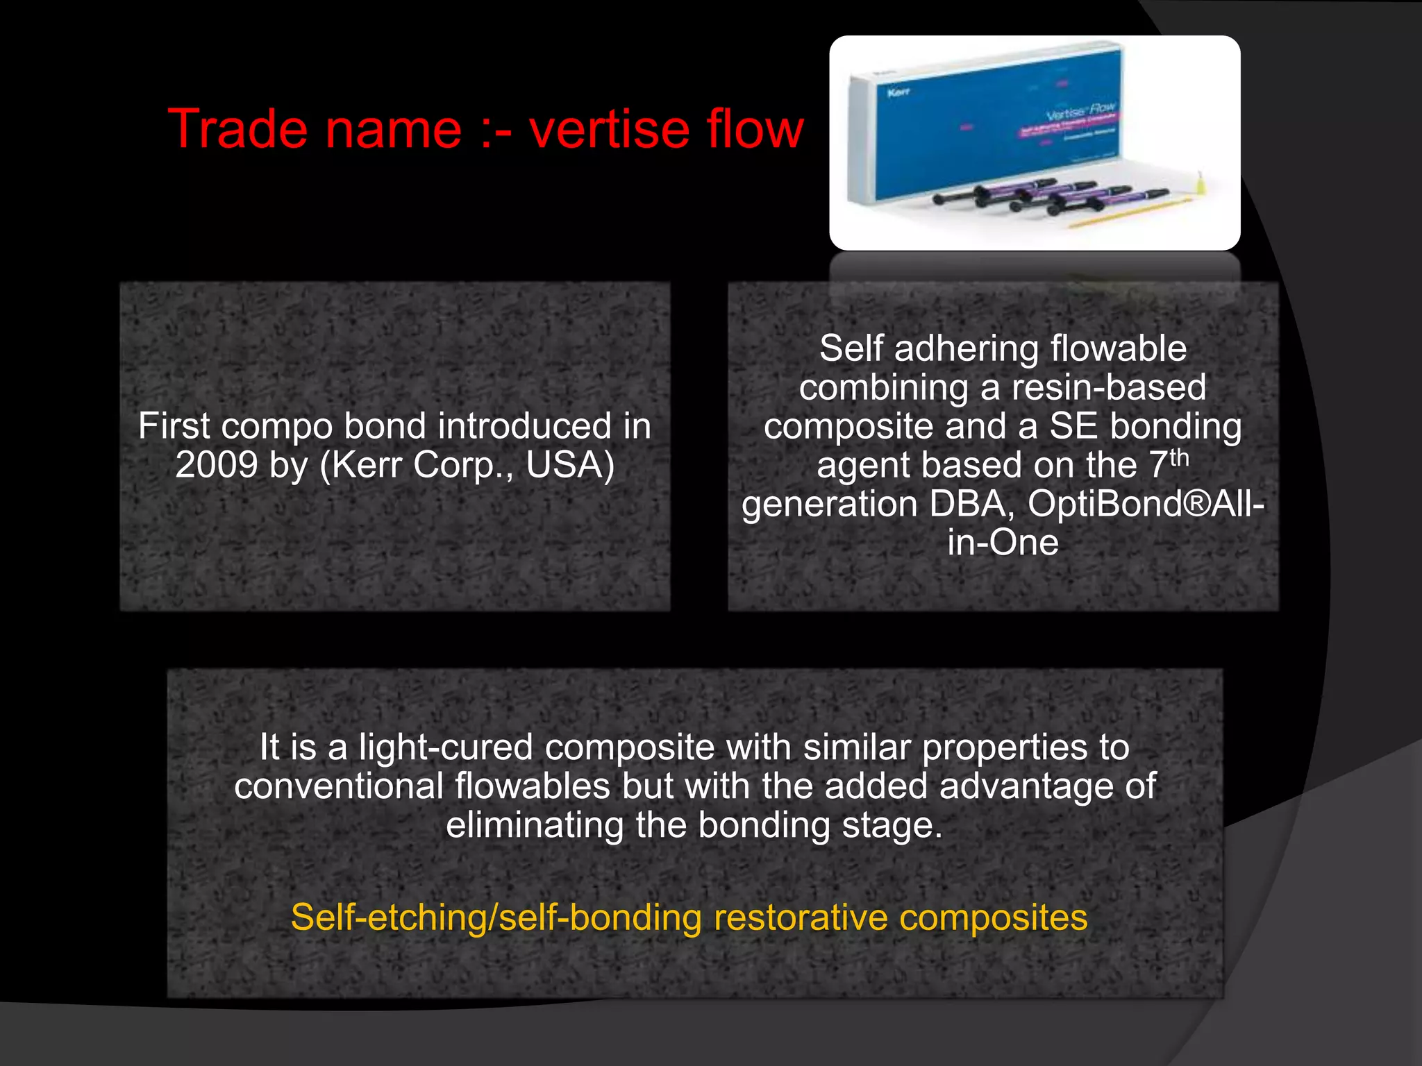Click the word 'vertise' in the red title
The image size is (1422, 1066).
(608, 129)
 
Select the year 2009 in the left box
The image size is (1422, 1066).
(216, 465)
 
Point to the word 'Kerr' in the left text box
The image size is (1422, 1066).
(368, 465)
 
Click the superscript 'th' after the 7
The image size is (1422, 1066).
(1179, 458)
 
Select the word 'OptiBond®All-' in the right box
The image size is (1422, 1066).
(1146, 504)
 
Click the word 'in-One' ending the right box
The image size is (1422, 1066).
(1003, 543)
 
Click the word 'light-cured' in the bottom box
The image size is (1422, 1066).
(446, 748)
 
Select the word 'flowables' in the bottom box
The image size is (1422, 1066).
(533, 787)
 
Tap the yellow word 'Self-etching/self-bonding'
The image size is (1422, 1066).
(496, 917)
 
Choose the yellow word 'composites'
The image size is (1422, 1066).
(993, 917)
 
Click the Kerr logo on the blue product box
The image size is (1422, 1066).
(898, 92)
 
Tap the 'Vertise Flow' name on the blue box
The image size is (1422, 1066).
(1080, 111)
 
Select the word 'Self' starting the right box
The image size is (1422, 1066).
(851, 348)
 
